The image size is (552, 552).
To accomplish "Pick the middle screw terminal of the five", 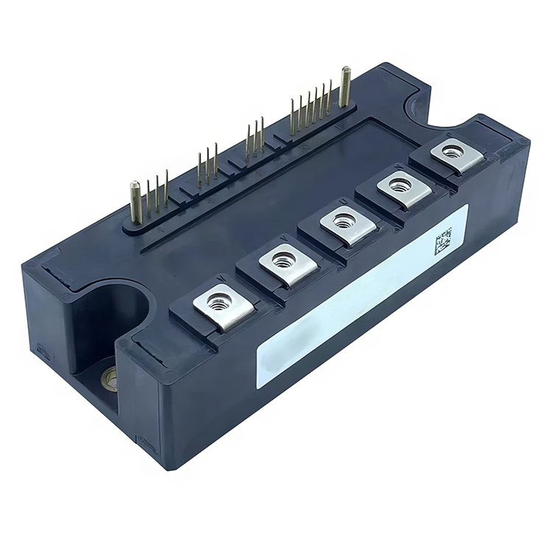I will point(343,221).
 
